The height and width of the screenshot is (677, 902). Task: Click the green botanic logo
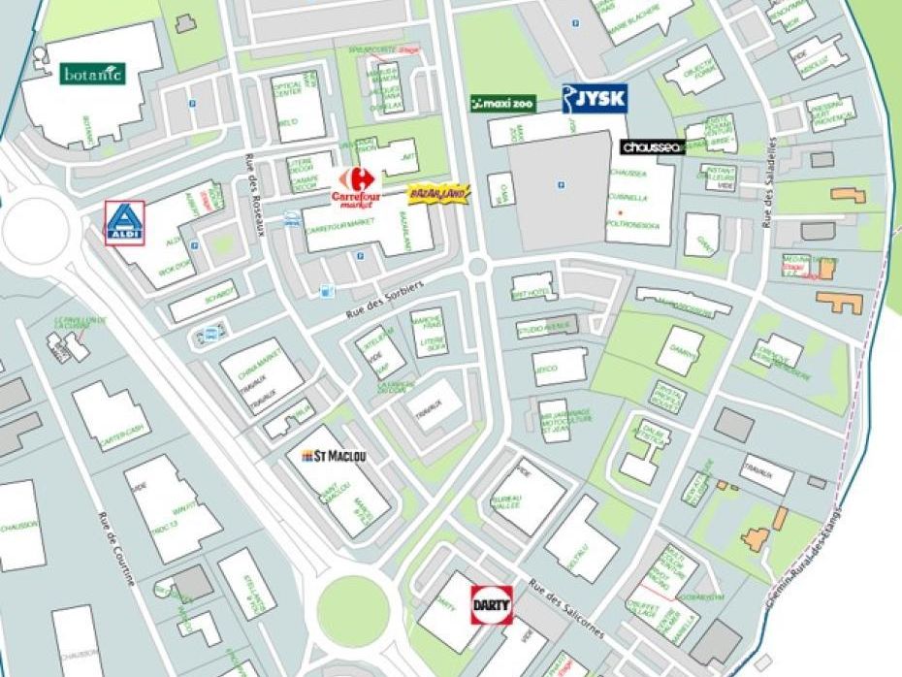pos(93,74)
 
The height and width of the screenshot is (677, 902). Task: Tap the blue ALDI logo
pos(124,223)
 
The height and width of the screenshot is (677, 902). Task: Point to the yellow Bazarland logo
pos(438,195)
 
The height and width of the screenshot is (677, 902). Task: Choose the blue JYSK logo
pos(595,98)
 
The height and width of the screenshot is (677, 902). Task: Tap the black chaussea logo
pos(653,147)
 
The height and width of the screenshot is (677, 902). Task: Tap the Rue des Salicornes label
pos(567,609)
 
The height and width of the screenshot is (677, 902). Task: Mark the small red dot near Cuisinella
pos(620,211)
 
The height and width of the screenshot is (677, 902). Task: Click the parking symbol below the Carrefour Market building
pos(360,256)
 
